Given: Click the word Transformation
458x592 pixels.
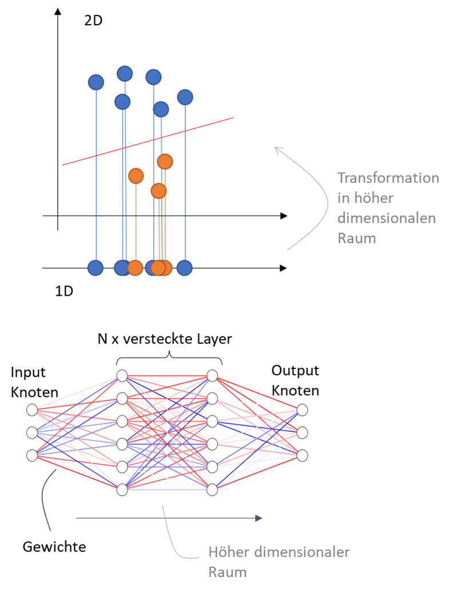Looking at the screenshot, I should pyautogui.click(x=388, y=178).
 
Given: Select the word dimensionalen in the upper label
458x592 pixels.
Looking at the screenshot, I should pyautogui.click(x=387, y=218).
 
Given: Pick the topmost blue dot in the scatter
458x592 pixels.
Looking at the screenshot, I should pyautogui.click(x=125, y=74).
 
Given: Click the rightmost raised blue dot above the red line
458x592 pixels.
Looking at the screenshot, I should pyautogui.click(x=185, y=97).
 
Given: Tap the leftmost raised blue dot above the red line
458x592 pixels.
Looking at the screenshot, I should pyautogui.click(x=96, y=82).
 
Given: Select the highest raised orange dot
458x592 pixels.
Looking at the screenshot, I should pyautogui.click(x=165, y=162).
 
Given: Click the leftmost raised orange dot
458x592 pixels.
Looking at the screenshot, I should pyautogui.click(x=136, y=176).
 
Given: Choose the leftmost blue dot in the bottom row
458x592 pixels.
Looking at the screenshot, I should pyautogui.click(x=95, y=268).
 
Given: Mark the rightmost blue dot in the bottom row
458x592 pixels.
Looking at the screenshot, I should pyautogui.click(x=184, y=268).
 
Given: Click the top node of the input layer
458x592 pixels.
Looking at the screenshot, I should pyautogui.click(x=32, y=410).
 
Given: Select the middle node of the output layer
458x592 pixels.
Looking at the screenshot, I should pyautogui.click(x=302, y=432).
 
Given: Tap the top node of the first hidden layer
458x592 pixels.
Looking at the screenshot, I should pyautogui.click(x=122, y=376).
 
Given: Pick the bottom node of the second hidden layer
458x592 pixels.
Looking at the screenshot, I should pyautogui.click(x=212, y=490).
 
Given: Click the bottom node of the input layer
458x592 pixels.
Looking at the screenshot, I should pyautogui.click(x=32, y=455).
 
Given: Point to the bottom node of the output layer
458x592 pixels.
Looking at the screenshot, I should pyautogui.click(x=302, y=455).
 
